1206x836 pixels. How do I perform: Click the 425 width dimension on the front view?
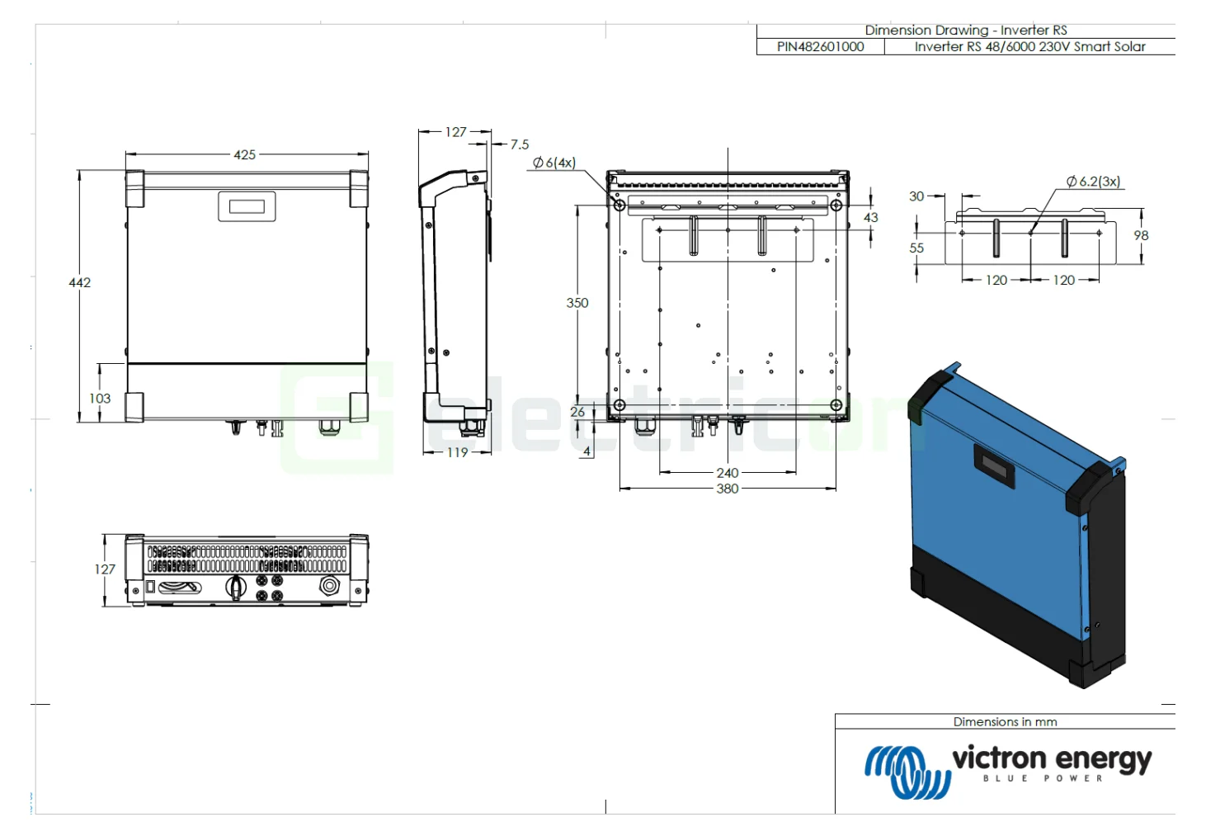244,154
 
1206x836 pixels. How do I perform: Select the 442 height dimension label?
79,282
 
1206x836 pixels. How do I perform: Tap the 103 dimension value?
100,398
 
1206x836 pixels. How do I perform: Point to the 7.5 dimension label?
519,144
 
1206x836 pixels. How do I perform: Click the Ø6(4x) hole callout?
554,163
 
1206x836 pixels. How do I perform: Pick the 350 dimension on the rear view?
577,303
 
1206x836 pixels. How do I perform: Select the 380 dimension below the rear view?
727,489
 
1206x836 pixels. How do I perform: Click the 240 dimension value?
727,473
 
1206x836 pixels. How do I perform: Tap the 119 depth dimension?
457,452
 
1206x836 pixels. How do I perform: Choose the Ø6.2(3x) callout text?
1093,182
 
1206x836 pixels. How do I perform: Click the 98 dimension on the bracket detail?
1141,235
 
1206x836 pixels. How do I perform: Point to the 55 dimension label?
916,248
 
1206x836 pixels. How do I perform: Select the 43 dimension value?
870,217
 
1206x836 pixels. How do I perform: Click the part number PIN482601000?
820,47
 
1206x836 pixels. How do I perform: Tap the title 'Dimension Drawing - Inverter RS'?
965,30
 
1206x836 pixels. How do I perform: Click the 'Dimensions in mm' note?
1005,721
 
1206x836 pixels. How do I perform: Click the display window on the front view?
247,206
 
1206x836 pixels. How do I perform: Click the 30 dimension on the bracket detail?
916,196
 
